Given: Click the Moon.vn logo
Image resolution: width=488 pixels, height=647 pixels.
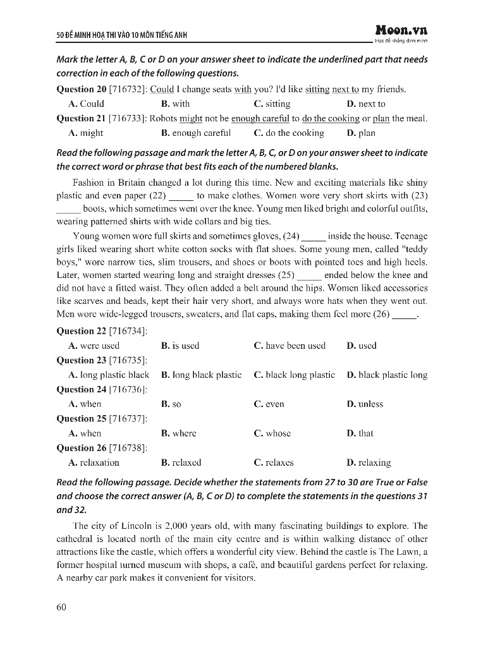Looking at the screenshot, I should point(401,30).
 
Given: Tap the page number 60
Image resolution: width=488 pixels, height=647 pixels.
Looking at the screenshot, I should point(61,607).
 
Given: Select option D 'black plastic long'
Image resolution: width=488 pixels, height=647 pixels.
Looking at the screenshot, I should point(387,375).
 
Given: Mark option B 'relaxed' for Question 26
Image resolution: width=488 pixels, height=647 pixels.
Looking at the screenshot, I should point(181,463).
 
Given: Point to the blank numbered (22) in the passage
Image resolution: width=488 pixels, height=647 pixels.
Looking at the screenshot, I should point(181,197).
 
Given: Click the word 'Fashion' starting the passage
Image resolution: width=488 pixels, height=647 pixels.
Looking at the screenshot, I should point(89,183).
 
